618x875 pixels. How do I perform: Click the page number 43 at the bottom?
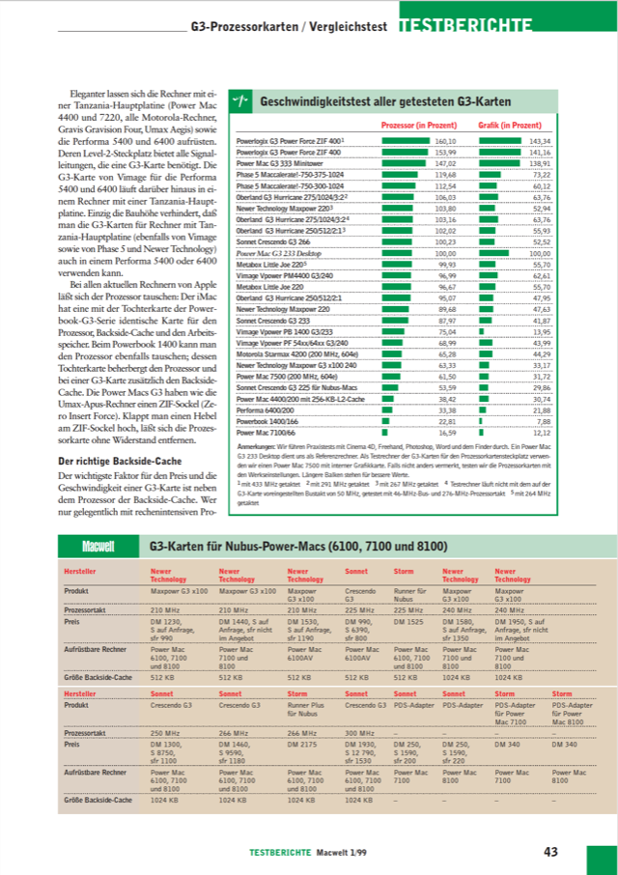(x=550, y=851)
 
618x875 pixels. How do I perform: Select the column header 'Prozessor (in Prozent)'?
(x=419, y=126)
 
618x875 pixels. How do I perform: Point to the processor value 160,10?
(x=444, y=141)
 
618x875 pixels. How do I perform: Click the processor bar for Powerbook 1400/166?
(x=386, y=421)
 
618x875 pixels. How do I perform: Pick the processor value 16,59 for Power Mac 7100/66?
(x=446, y=432)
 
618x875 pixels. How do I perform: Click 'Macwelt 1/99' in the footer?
(x=346, y=852)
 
